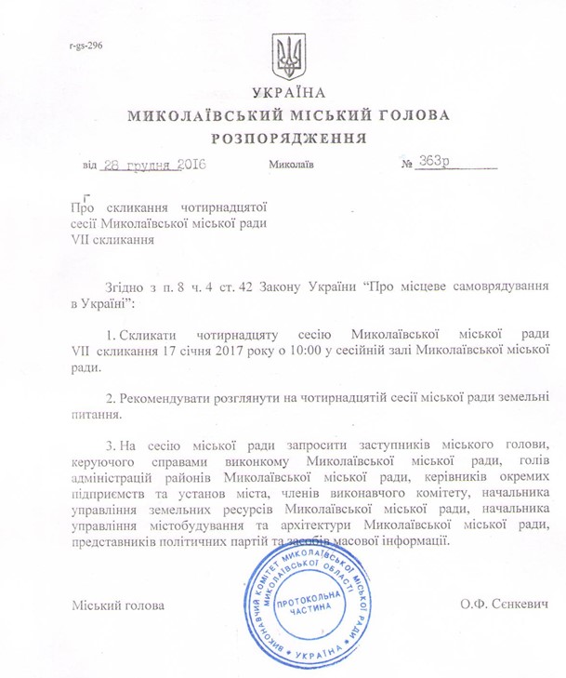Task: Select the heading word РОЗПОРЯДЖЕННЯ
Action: pyautogui.click(x=288, y=137)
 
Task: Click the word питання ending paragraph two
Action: pyautogui.click(x=95, y=416)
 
